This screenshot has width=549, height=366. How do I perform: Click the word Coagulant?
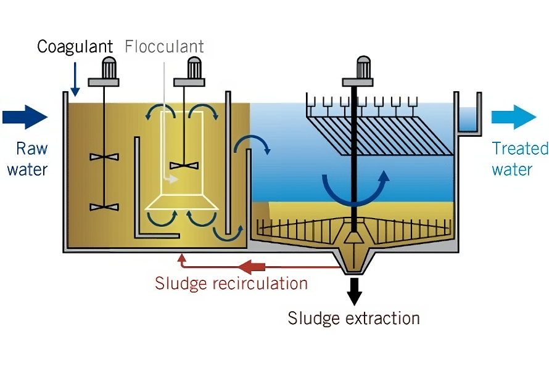75,46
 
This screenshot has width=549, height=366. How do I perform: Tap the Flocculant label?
164,46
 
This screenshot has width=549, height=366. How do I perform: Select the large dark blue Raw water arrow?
25,117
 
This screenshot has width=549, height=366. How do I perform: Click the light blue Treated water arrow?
514,117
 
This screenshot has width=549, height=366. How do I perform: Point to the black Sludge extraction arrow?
354,291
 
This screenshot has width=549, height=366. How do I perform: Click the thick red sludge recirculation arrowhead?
252,267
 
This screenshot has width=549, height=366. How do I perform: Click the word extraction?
382,319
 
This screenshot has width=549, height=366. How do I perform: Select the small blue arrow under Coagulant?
75,79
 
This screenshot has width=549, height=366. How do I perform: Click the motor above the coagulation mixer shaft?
104,71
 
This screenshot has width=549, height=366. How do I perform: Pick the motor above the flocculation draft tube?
189,71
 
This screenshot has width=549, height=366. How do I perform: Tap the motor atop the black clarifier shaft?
358,71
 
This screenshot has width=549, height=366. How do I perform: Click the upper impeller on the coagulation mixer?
104,157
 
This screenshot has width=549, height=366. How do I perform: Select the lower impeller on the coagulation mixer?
104,207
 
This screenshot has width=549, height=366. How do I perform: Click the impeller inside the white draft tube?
184,166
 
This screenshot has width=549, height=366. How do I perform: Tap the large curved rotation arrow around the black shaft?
356,189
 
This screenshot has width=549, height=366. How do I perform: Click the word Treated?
520,148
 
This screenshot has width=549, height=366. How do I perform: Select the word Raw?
32,148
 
